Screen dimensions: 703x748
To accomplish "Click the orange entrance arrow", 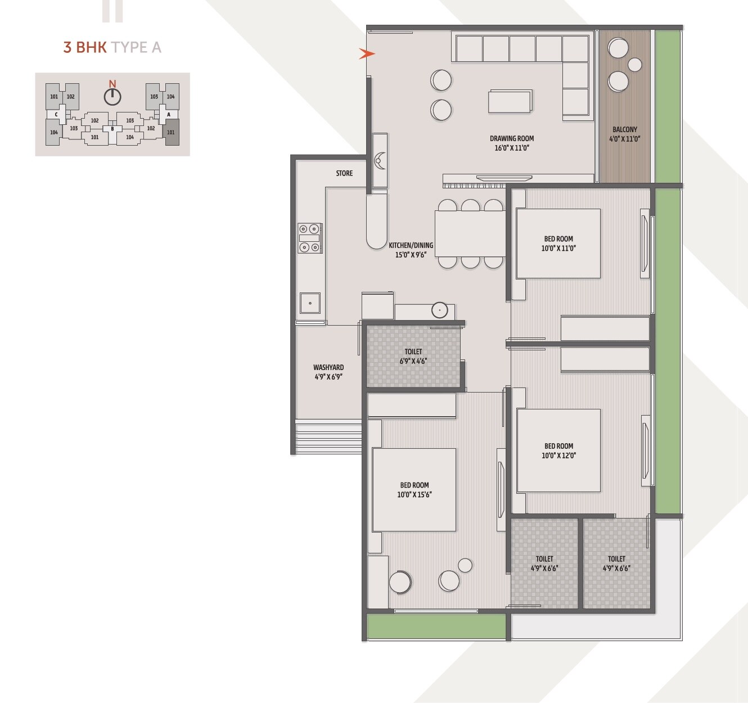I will (x=367, y=54).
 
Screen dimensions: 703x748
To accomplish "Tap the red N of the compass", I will (x=112, y=84).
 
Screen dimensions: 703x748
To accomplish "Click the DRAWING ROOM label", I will (x=512, y=138).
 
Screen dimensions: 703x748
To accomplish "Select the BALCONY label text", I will (x=625, y=129).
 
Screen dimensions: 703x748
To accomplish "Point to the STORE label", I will (x=344, y=173).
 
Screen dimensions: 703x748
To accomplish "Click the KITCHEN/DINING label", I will (x=411, y=245).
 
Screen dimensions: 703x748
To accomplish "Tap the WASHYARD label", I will (x=328, y=367).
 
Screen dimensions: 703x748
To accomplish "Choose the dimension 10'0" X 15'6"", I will (x=414, y=495).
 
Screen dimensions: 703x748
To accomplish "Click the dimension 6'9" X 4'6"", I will (x=413, y=361).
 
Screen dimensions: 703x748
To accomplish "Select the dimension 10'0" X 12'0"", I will (x=558, y=456).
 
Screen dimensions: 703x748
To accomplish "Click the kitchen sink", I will (x=310, y=303).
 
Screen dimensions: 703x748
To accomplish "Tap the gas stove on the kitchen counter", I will (x=310, y=238).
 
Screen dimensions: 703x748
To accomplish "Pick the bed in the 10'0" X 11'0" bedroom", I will (x=558, y=244).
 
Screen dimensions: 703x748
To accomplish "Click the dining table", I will (x=470, y=233).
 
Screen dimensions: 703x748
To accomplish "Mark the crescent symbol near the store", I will (x=380, y=160).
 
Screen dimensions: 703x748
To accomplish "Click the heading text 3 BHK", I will (x=85, y=47).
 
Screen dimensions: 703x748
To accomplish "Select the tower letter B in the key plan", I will (x=112, y=129).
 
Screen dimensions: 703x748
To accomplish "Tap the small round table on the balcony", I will (x=635, y=65).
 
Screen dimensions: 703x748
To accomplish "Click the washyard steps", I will (x=329, y=436).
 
